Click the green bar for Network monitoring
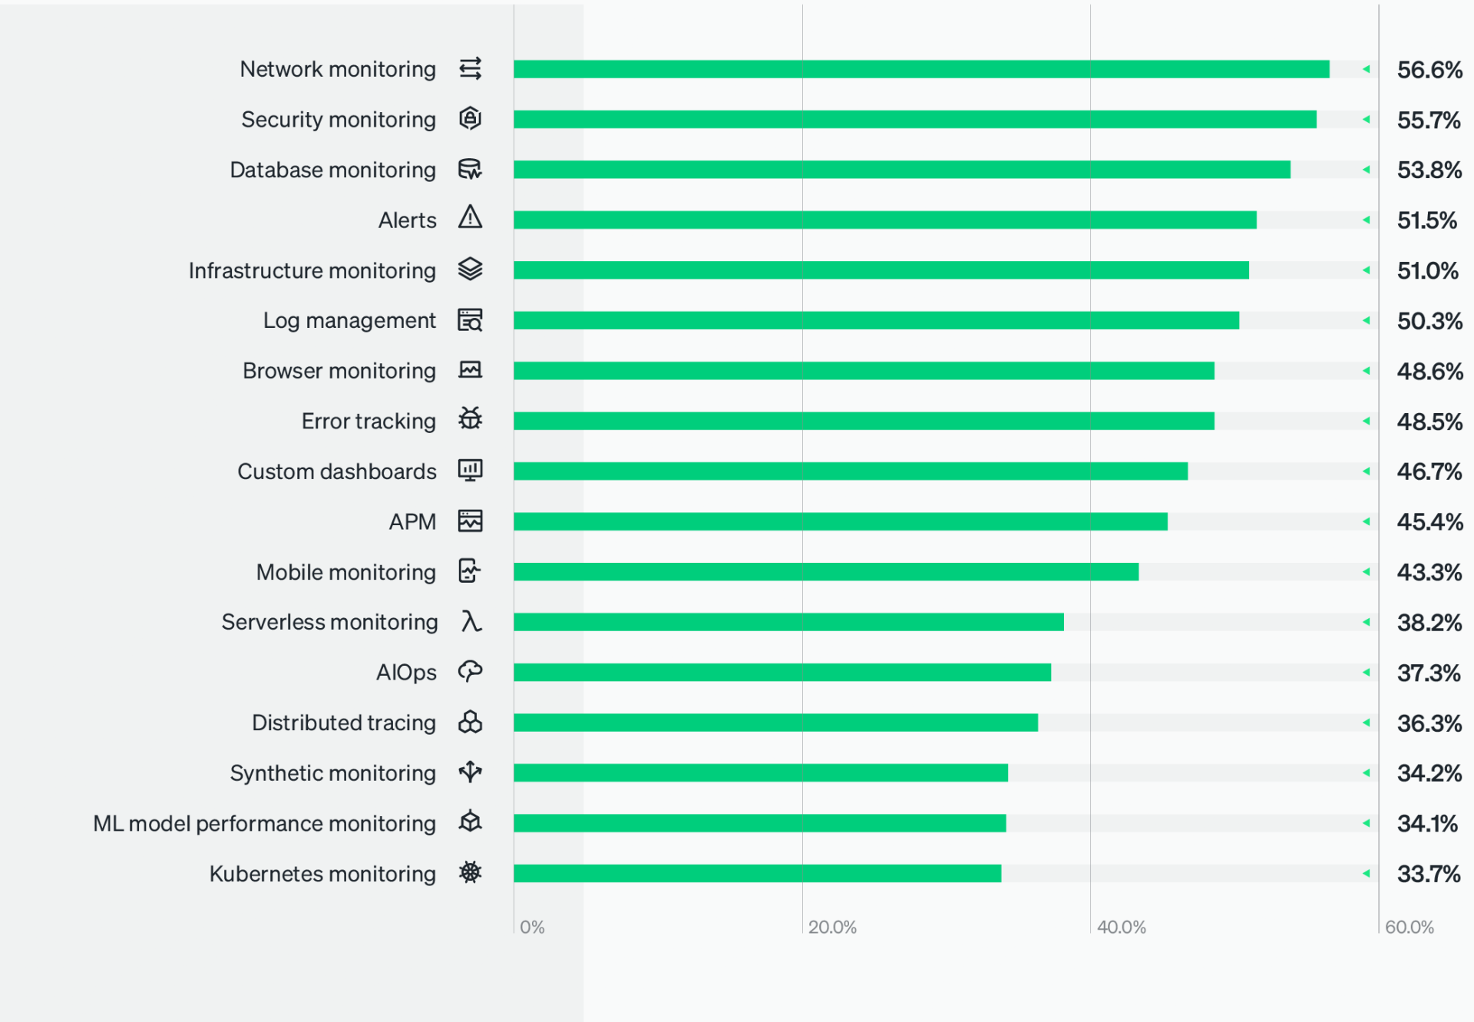tap(921, 69)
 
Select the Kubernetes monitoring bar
tap(757, 873)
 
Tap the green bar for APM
tap(841, 521)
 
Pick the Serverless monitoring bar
tap(788, 622)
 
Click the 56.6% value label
tap(1429, 70)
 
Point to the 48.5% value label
tap(1429, 422)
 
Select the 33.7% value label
tap(1428, 874)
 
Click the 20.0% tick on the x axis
tap(832, 927)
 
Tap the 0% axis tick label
tap(532, 927)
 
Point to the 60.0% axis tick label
tap(1409, 927)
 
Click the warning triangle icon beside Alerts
tap(470, 218)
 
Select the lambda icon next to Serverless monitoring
tap(471, 621)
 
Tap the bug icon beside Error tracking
tap(470, 419)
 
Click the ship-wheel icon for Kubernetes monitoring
tap(470, 872)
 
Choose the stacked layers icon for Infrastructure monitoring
tap(470, 270)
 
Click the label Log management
tap(349, 321)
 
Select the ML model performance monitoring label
tap(264, 824)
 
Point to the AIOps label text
tap(405, 673)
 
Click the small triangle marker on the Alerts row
tap(1367, 220)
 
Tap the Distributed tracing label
tap(343, 723)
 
